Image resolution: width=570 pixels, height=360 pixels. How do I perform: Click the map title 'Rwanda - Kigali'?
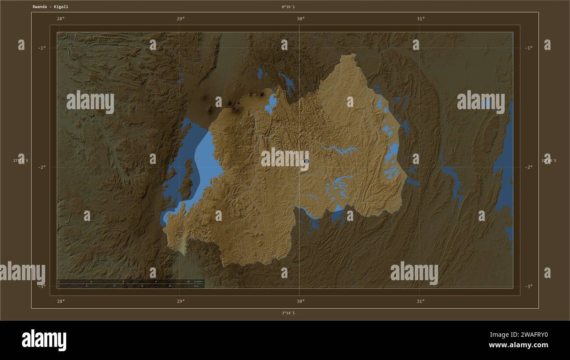tap(50, 7)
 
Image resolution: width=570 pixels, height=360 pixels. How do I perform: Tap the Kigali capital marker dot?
tap(306, 161)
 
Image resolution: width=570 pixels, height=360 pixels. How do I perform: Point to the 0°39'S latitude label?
tap(288, 7)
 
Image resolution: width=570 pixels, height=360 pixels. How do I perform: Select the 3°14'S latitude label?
tap(288, 313)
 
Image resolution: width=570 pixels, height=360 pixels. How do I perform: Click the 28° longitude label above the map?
tap(61, 18)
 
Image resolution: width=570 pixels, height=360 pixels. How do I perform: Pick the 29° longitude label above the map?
tap(180, 18)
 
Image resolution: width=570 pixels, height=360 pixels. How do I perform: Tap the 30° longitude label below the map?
tap(300, 301)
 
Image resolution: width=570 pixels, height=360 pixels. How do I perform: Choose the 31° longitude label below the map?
tap(420, 301)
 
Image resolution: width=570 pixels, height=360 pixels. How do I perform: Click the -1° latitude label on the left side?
tap(42, 48)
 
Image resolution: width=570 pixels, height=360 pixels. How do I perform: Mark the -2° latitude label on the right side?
tap(529, 167)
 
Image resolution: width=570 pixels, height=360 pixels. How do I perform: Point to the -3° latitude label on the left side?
tap(42, 286)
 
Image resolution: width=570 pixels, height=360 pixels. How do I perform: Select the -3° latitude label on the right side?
tap(529, 286)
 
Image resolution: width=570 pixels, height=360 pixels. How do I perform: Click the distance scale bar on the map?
tap(131, 284)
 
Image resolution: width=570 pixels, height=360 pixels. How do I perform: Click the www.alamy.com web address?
tap(518, 345)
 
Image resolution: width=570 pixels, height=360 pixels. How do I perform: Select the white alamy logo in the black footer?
tap(44, 340)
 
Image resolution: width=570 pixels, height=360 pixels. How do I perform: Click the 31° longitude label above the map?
tap(420, 18)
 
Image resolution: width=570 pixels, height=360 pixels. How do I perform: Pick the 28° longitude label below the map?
tap(61, 301)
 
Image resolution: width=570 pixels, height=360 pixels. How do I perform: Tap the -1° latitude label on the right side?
tap(529, 48)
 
